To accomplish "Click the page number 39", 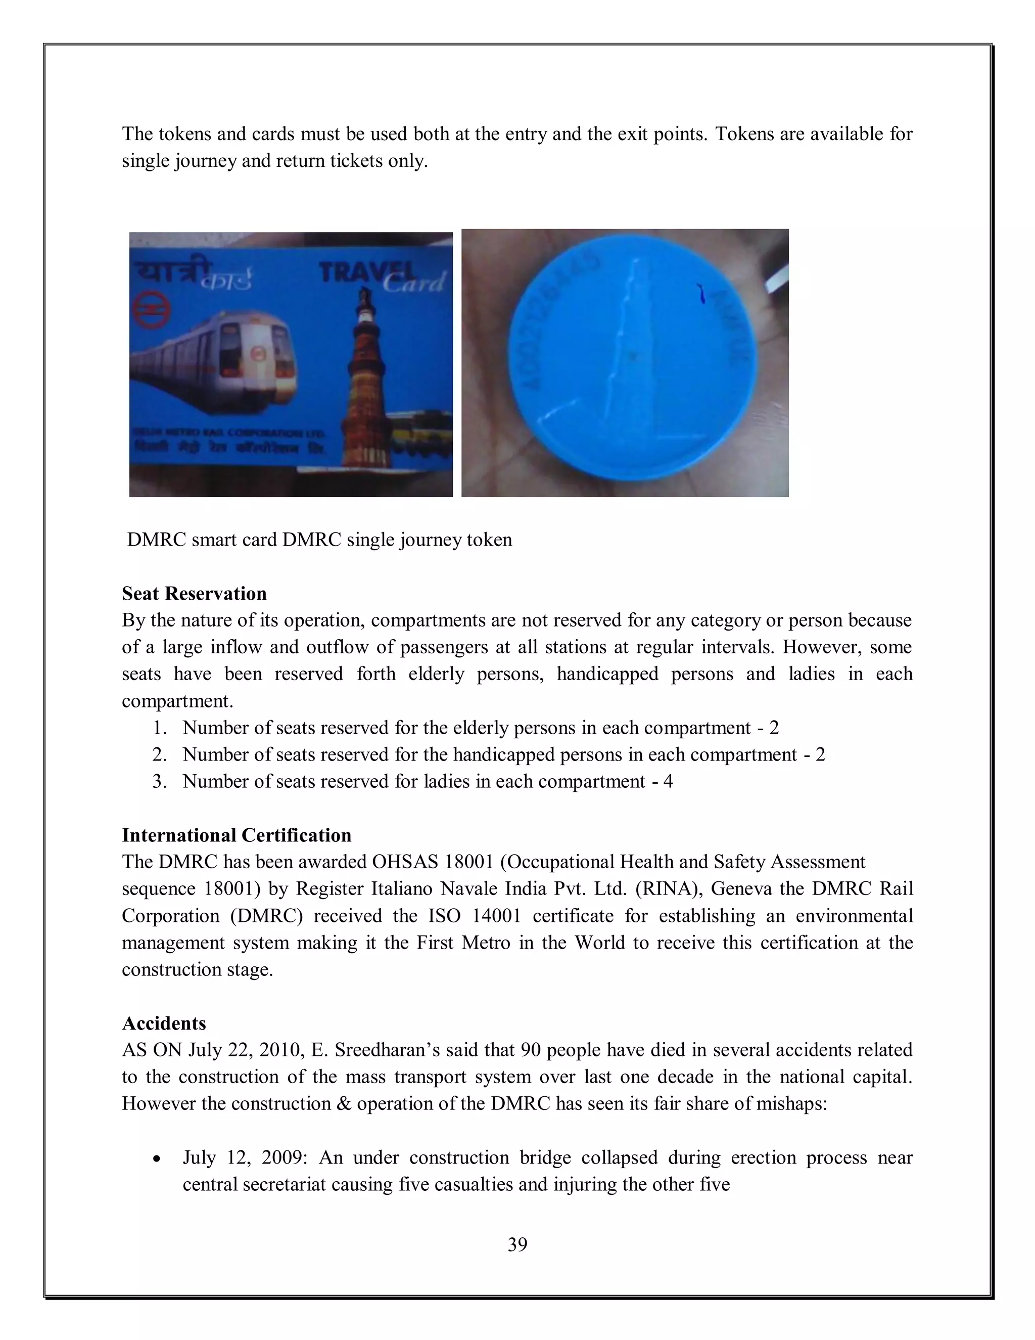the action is point(517,1244).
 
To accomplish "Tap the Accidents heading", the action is point(164,1023).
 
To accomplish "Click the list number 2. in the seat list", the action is point(159,754).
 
